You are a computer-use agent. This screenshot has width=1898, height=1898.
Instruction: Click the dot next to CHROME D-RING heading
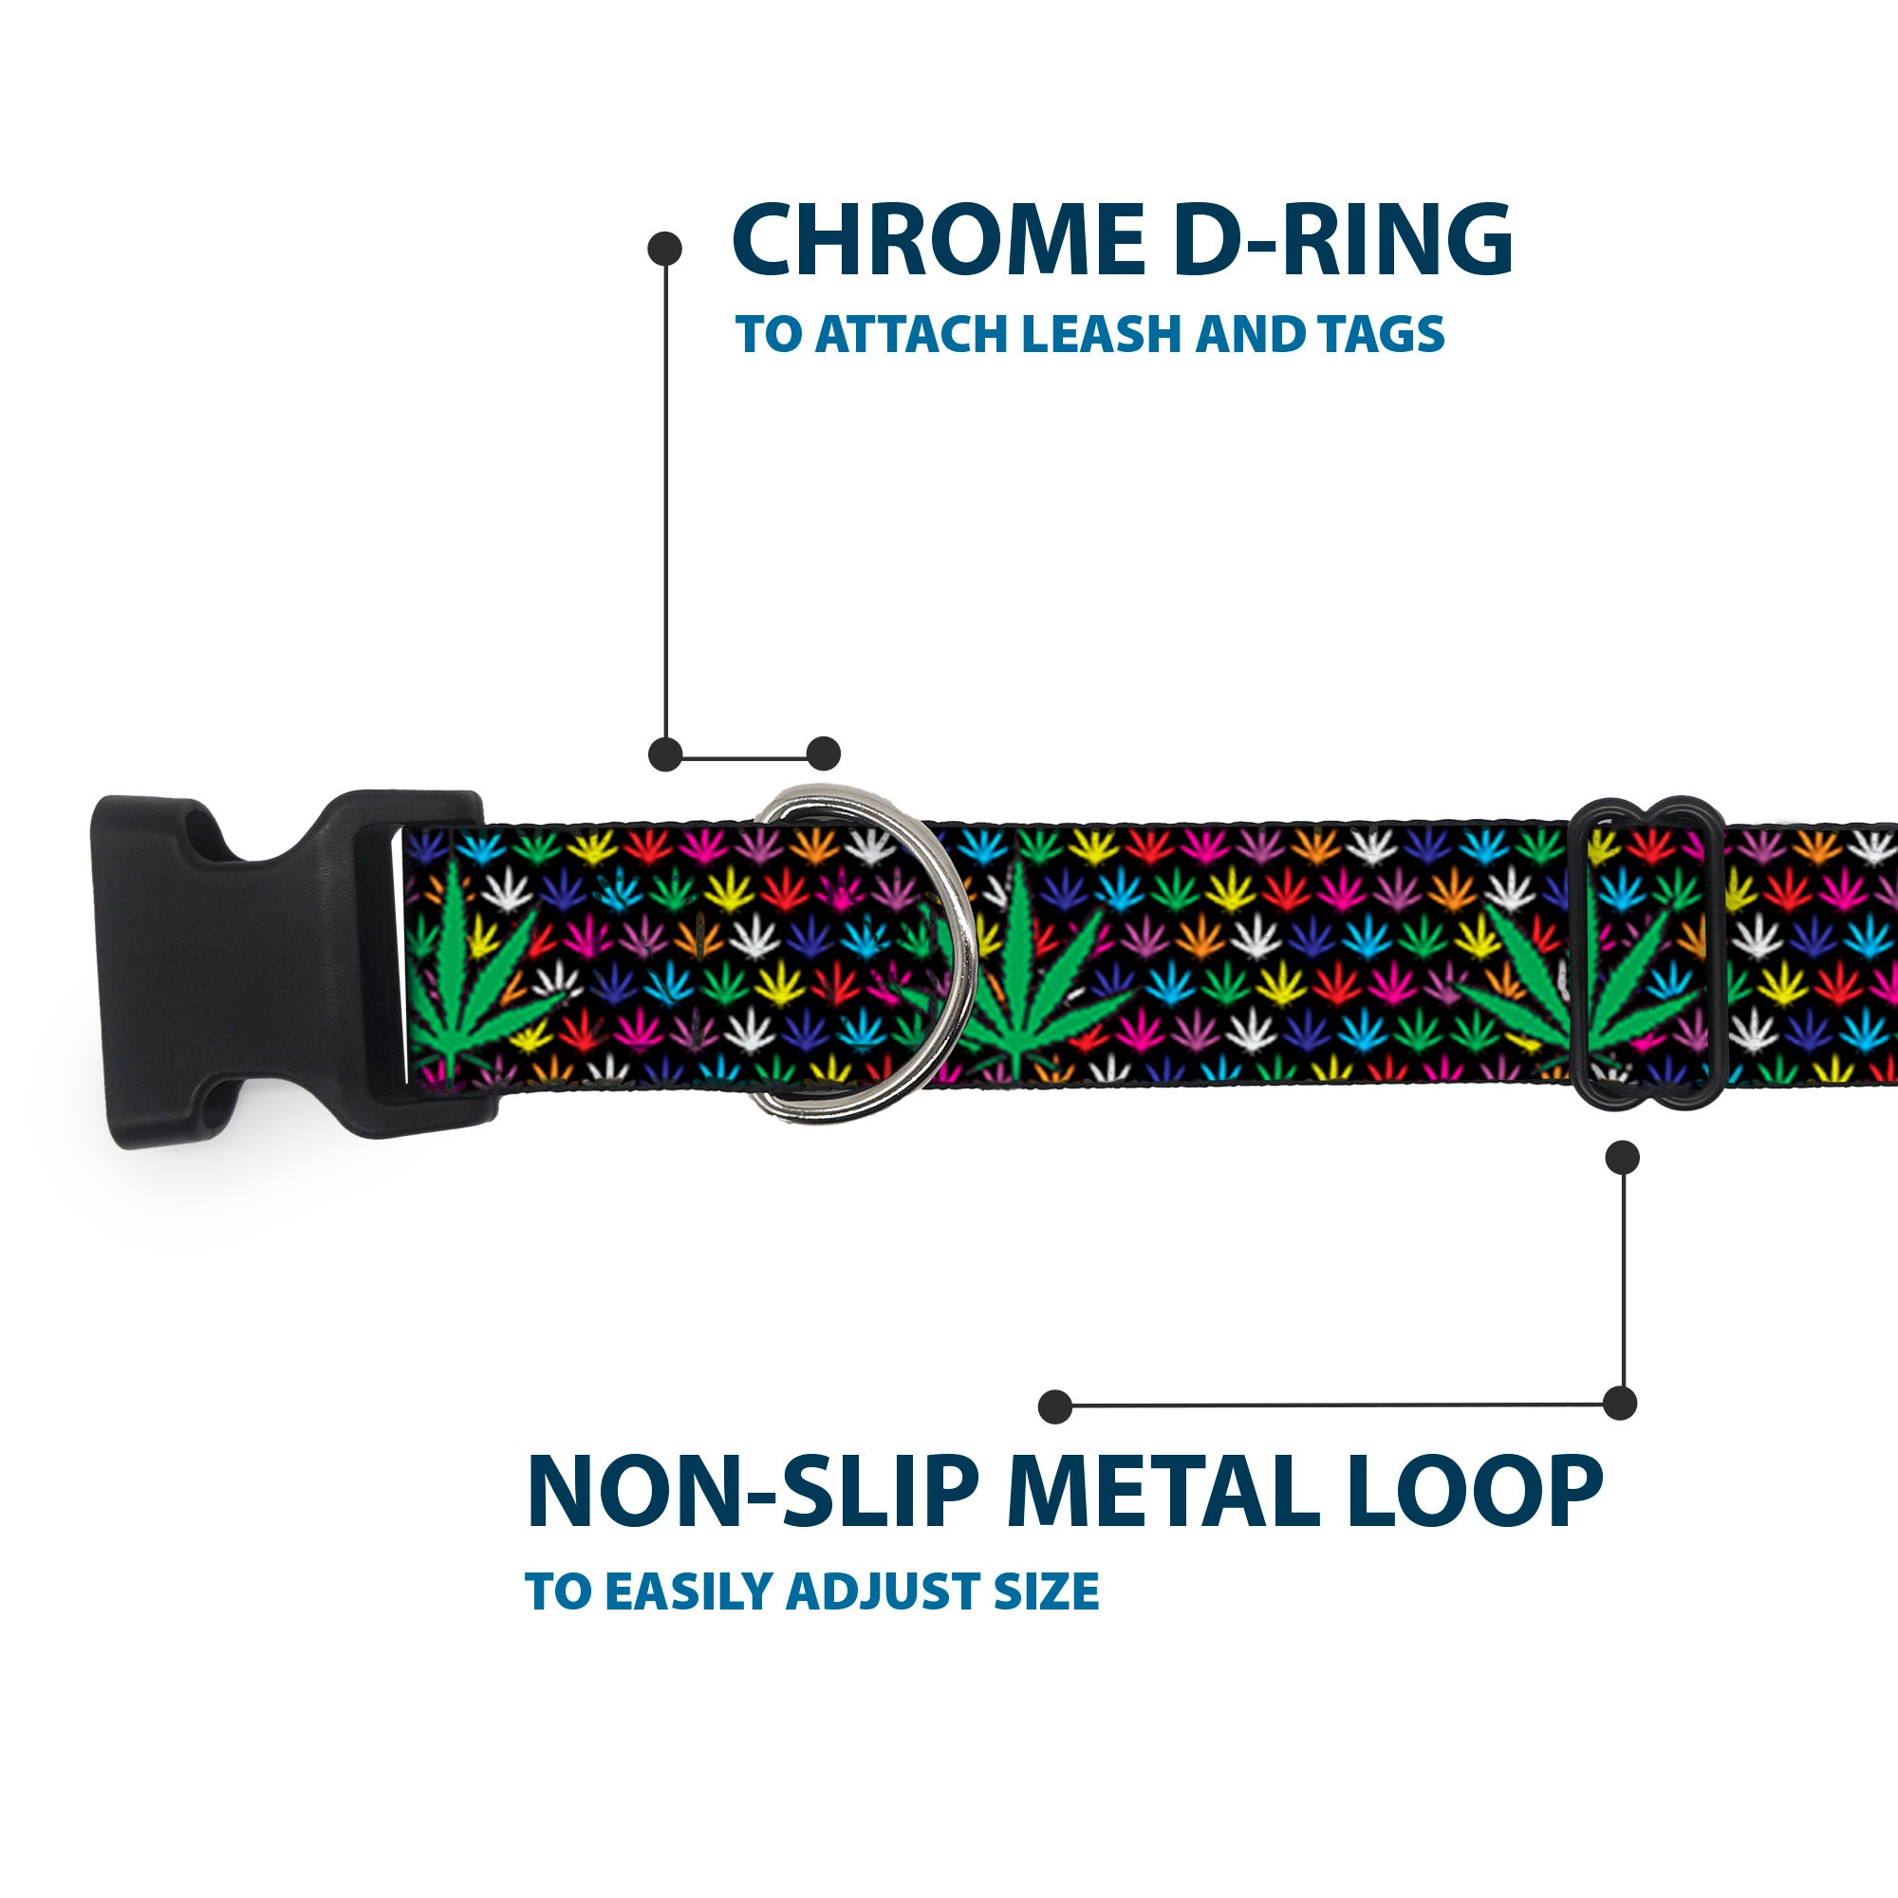coord(665,249)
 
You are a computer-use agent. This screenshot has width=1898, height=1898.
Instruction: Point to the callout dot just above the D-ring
coord(823,754)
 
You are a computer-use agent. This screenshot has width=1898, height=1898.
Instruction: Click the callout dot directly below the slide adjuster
coord(1622,1157)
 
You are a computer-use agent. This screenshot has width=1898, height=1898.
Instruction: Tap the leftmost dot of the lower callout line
coord(1055,1406)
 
